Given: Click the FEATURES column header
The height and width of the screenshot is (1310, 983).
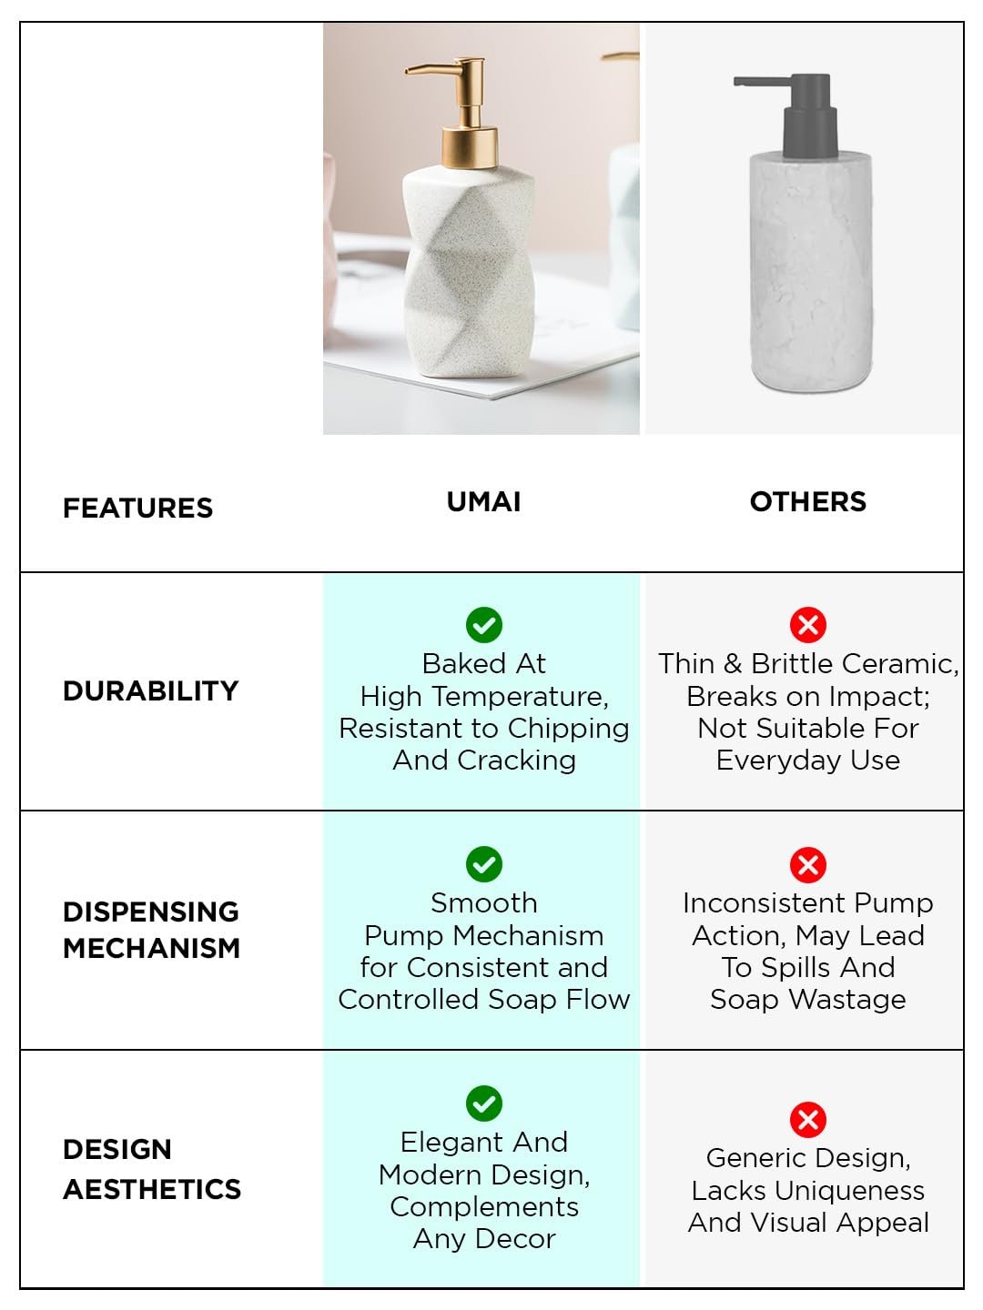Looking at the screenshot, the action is (x=137, y=508).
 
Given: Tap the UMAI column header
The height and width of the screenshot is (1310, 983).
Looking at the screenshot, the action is (x=483, y=501).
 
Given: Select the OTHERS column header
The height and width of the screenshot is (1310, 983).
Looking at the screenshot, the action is (x=807, y=501).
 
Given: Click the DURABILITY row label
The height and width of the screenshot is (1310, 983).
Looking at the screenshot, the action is (x=150, y=690).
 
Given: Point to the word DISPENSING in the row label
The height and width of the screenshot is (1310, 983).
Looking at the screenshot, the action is (x=151, y=912).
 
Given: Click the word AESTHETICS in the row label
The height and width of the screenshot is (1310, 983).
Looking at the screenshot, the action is (x=152, y=1189).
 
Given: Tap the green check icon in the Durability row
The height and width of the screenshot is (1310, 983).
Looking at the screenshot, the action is (x=484, y=625).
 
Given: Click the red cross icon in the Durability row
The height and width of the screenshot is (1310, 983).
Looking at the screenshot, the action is (x=808, y=625).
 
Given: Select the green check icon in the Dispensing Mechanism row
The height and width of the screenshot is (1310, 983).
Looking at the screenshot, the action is (x=484, y=864).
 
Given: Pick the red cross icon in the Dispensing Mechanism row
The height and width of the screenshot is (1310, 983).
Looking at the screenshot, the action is (x=808, y=865).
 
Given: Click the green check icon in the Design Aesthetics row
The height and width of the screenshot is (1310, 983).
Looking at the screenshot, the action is (x=484, y=1103).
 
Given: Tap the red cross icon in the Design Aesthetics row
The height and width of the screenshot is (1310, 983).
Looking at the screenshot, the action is (x=808, y=1120).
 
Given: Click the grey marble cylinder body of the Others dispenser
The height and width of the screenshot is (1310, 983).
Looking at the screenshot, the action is (x=810, y=271).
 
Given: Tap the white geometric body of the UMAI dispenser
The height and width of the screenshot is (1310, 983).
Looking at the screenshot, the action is (x=469, y=271).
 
